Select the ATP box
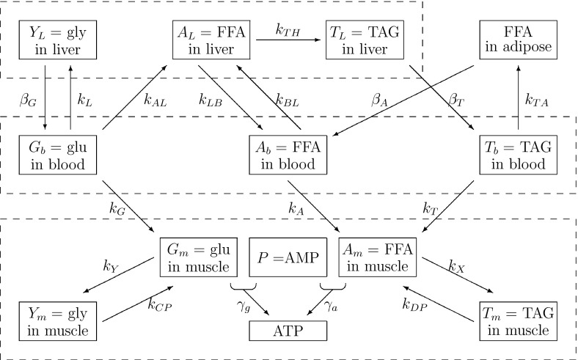click(288, 331)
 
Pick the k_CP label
click(160, 302)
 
